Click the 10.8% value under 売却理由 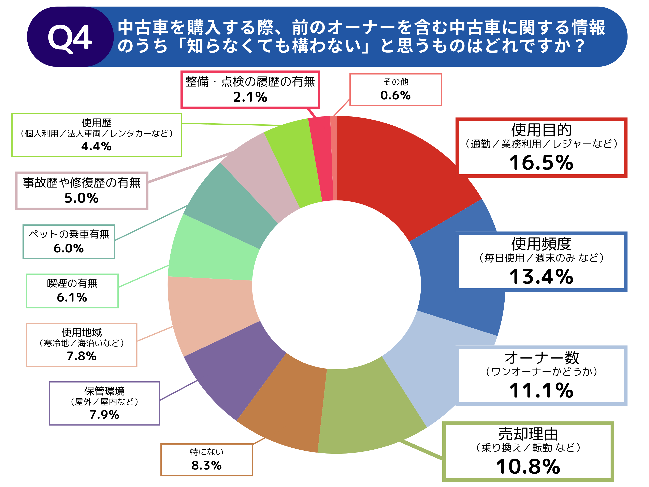click(x=528, y=467)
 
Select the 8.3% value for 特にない click(x=206, y=465)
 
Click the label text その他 click(x=395, y=82)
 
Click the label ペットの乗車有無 click(x=69, y=234)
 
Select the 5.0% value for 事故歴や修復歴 click(x=81, y=198)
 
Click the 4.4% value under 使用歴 click(x=96, y=146)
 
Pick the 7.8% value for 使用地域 click(x=81, y=356)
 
